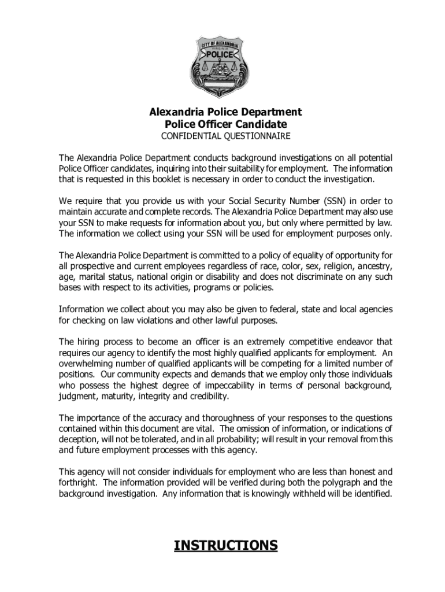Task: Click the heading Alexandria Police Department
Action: click(225, 112)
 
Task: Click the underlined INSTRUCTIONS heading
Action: click(225, 545)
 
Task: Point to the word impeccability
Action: click(233, 386)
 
